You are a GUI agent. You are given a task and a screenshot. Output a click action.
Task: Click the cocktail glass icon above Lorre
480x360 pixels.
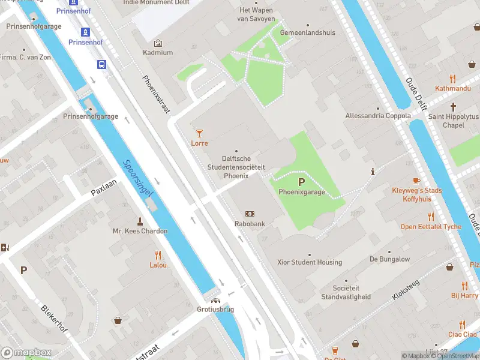tap(200, 133)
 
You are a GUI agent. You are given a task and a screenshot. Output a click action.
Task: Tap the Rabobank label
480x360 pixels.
tap(250, 224)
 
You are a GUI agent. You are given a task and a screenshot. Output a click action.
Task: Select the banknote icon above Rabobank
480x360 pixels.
tap(250, 214)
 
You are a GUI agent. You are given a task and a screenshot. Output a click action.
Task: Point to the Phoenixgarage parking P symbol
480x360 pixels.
tap(301, 182)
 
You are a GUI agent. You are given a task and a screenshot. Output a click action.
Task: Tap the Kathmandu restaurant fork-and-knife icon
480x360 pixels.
tap(453, 78)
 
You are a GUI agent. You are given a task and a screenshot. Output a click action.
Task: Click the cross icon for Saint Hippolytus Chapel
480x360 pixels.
tap(454, 106)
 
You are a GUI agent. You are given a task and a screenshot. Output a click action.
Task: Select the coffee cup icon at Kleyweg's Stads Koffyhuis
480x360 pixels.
tap(416, 180)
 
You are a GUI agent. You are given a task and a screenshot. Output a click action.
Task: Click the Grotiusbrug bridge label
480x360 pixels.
tap(215, 310)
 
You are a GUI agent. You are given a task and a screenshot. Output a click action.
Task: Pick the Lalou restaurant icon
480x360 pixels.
tap(158, 254)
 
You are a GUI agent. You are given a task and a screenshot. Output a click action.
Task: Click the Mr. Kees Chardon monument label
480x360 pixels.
tap(140, 231)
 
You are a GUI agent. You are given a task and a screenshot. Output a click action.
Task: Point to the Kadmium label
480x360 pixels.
tap(158, 53)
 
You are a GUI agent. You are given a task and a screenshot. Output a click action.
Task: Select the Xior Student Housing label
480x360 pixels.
tap(310, 262)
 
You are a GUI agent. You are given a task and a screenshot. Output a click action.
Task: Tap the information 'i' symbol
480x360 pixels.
tap(373, 172)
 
